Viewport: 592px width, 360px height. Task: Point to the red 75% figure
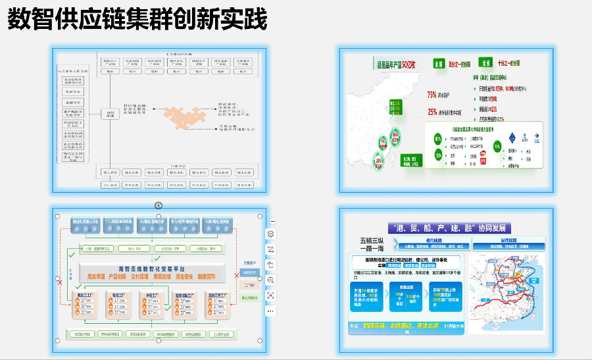[432, 95]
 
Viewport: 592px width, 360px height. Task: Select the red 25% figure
[432, 112]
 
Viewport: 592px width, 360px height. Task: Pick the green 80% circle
[437, 140]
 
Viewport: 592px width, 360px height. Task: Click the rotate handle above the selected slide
[159, 205]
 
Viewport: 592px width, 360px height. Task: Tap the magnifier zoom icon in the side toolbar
[271, 280]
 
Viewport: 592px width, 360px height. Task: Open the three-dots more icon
[271, 311]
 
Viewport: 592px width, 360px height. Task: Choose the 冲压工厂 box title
[151, 296]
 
